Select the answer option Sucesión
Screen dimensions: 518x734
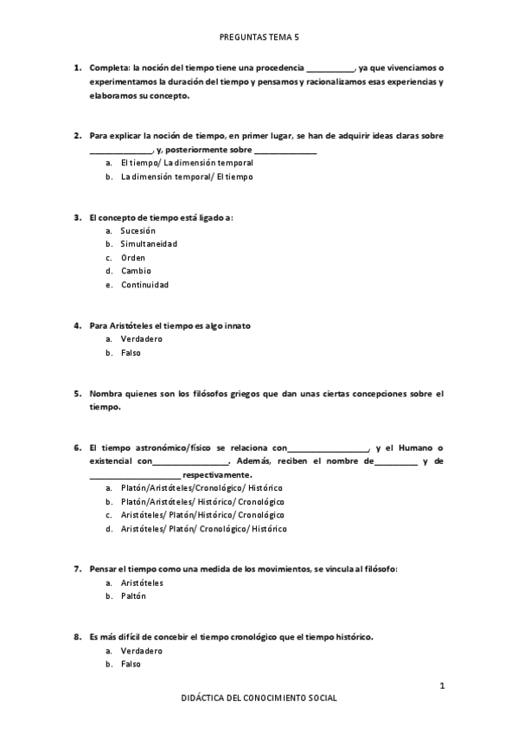(137, 230)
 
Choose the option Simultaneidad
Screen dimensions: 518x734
(149, 244)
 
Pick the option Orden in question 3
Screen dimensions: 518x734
(132, 257)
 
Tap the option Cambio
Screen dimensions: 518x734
(136, 271)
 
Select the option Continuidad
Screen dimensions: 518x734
(144, 285)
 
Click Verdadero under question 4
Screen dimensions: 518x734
(142, 338)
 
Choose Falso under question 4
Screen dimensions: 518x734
(131, 352)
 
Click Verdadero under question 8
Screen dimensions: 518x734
(142, 650)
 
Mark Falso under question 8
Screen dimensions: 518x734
(131, 664)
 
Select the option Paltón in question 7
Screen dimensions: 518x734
(133, 596)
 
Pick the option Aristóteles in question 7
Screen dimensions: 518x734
(142, 583)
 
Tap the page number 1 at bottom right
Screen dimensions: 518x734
(442, 686)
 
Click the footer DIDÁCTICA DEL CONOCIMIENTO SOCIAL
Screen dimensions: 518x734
(259, 698)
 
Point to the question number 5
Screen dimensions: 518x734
(77, 392)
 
